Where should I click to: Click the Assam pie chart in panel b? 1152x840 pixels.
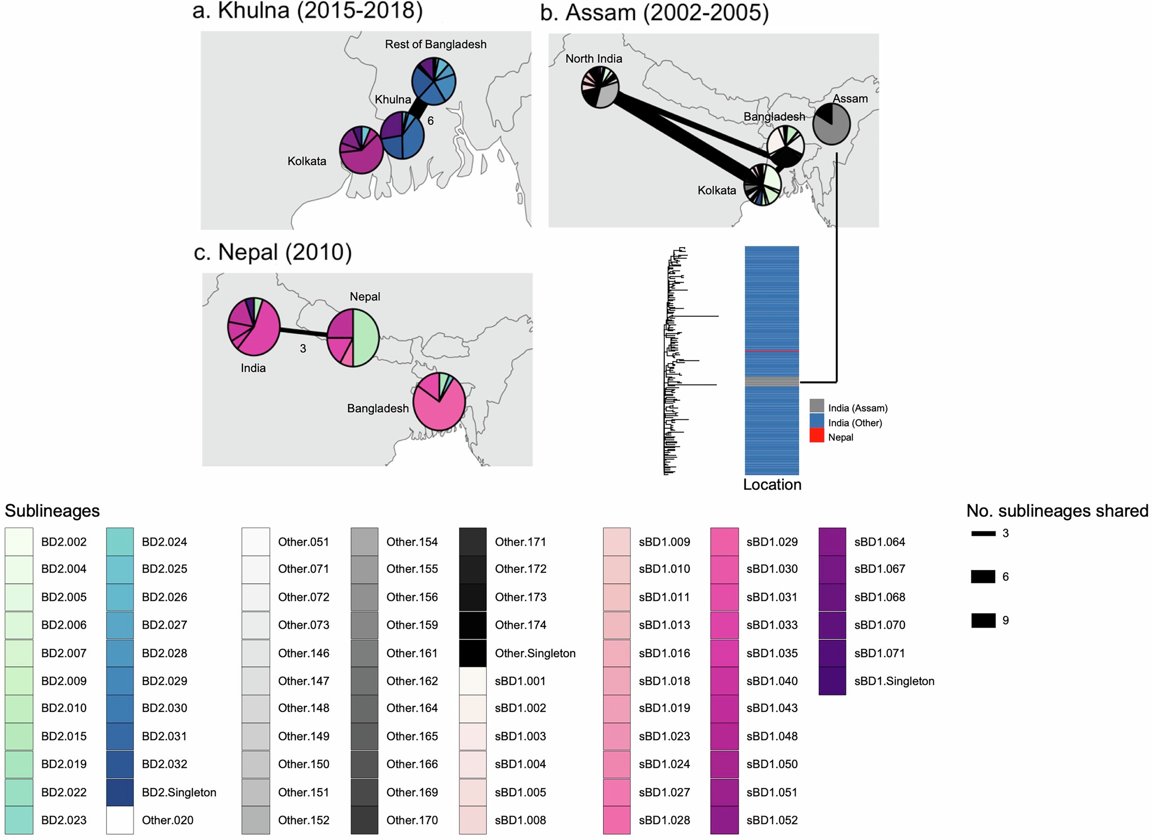pos(832,124)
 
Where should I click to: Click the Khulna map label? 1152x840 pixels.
pos(393,99)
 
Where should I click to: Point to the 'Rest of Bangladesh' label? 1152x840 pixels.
pos(436,45)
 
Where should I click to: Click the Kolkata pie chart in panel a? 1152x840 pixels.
pos(361,150)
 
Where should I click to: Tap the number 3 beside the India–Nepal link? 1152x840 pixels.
pos(303,349)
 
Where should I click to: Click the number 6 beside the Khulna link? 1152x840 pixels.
pos(430,121)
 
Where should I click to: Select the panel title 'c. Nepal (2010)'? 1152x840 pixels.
pos(273,252)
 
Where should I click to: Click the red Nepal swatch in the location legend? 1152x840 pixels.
pos(817,437)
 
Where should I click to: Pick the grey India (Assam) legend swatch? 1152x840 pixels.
pos(817,407)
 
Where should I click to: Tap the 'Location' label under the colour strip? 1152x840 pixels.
pos(772,485)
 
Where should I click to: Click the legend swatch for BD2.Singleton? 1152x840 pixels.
pos(120,792)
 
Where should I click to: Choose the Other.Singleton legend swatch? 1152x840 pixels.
pos(472,653)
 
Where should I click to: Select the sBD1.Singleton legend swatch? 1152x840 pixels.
pos(832,681)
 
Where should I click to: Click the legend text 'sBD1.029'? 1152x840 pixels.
pos(772,542)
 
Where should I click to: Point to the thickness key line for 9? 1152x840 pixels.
pos(983,621)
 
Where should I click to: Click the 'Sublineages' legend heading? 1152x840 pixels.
pos(52,511)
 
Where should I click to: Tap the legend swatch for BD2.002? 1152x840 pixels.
pos(19,541)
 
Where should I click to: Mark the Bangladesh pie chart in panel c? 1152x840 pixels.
pos(439,402)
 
